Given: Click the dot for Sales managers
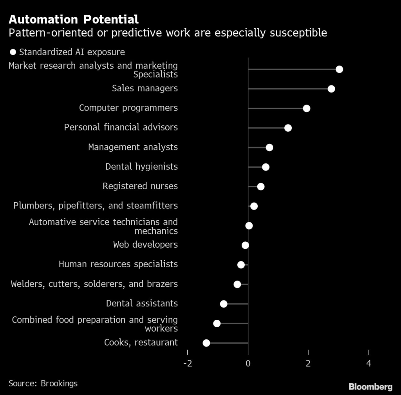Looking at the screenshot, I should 331,89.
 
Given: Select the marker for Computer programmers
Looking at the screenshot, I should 307,109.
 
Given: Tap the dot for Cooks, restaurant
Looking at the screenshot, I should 206,343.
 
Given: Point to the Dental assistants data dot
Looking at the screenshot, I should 224,304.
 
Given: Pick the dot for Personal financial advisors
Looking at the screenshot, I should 288,128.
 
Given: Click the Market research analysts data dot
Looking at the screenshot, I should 340,69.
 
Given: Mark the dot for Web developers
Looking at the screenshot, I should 245,245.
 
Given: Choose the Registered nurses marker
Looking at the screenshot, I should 261,187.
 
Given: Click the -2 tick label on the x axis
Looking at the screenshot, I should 188,363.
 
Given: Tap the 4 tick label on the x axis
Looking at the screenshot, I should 369,363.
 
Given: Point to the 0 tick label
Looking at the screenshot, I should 248,363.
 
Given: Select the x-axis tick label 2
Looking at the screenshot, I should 309,363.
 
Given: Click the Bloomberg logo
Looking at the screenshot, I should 370,387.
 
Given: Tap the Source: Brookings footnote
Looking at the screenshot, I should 43,383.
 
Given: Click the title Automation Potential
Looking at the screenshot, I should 74,19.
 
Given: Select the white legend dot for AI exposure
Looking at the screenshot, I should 13,52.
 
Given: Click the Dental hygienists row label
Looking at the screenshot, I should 141,167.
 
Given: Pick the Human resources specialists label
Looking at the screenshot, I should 118,264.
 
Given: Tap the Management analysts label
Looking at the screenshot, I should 133,147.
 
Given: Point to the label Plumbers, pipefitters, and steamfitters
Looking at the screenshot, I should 96,205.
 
